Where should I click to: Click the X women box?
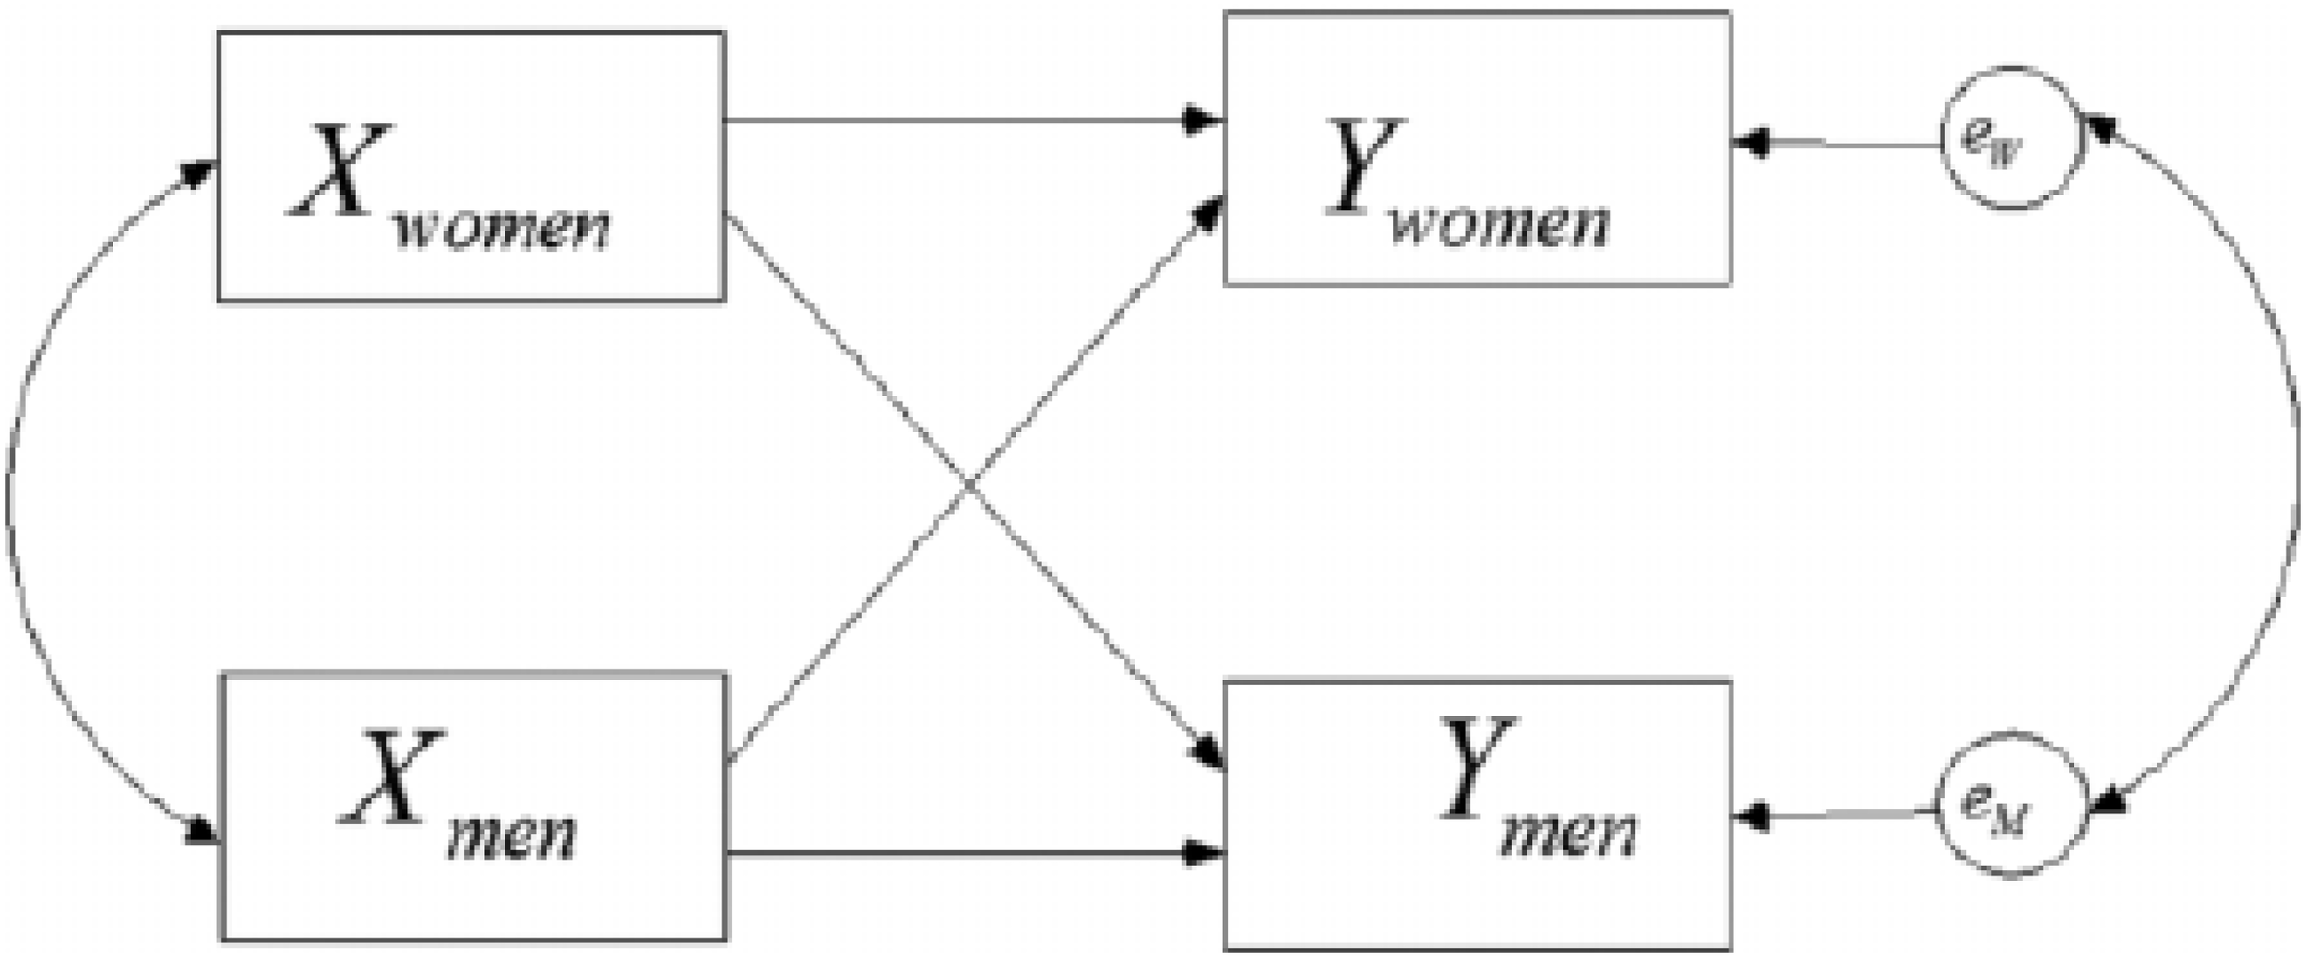470,166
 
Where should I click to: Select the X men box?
473,807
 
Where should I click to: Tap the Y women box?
1476,148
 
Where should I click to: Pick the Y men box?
1476,815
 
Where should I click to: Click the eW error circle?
2011,139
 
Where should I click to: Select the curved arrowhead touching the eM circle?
2109,802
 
